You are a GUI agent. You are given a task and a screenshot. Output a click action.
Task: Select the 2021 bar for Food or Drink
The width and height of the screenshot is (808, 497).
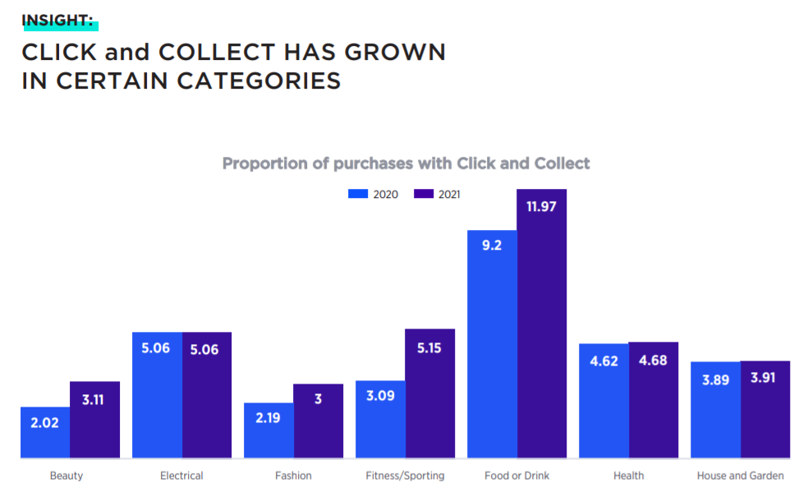(541, 329)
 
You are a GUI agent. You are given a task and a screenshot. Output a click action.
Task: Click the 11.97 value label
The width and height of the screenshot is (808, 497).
(541, 206)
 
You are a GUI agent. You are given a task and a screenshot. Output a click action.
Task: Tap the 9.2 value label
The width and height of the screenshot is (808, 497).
(492, 246)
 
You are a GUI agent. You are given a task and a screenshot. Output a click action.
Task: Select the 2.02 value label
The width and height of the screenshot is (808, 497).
(45, 424)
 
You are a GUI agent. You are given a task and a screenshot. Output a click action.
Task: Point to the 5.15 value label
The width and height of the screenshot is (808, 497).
(429, 347)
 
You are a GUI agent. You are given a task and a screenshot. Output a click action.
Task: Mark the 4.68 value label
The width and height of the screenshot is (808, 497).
(653, 360)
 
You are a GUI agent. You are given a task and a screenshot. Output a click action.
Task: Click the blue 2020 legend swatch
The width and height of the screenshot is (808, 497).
(358, 195)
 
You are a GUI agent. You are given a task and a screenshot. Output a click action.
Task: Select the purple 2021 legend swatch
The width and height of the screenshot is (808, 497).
(423, 195)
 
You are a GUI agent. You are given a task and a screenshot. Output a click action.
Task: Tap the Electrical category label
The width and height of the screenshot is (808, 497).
(181, 476)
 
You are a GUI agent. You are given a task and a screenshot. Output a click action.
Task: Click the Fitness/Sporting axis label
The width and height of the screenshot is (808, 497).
(405, 476)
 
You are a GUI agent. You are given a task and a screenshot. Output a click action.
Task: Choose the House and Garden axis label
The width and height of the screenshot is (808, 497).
(740, 476)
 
